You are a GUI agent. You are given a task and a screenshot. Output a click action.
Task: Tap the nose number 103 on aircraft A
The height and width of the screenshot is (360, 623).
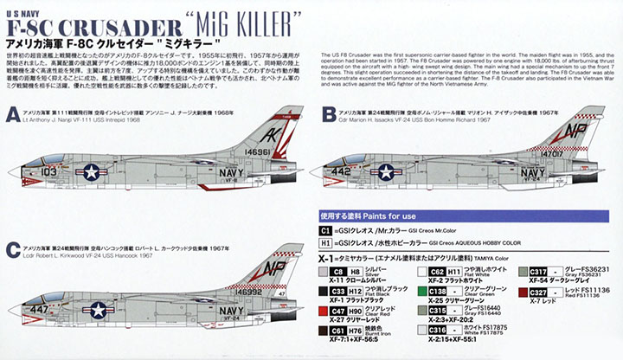(48, 172)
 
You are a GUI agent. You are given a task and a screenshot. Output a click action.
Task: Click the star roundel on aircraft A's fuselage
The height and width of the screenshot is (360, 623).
(92, 171)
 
